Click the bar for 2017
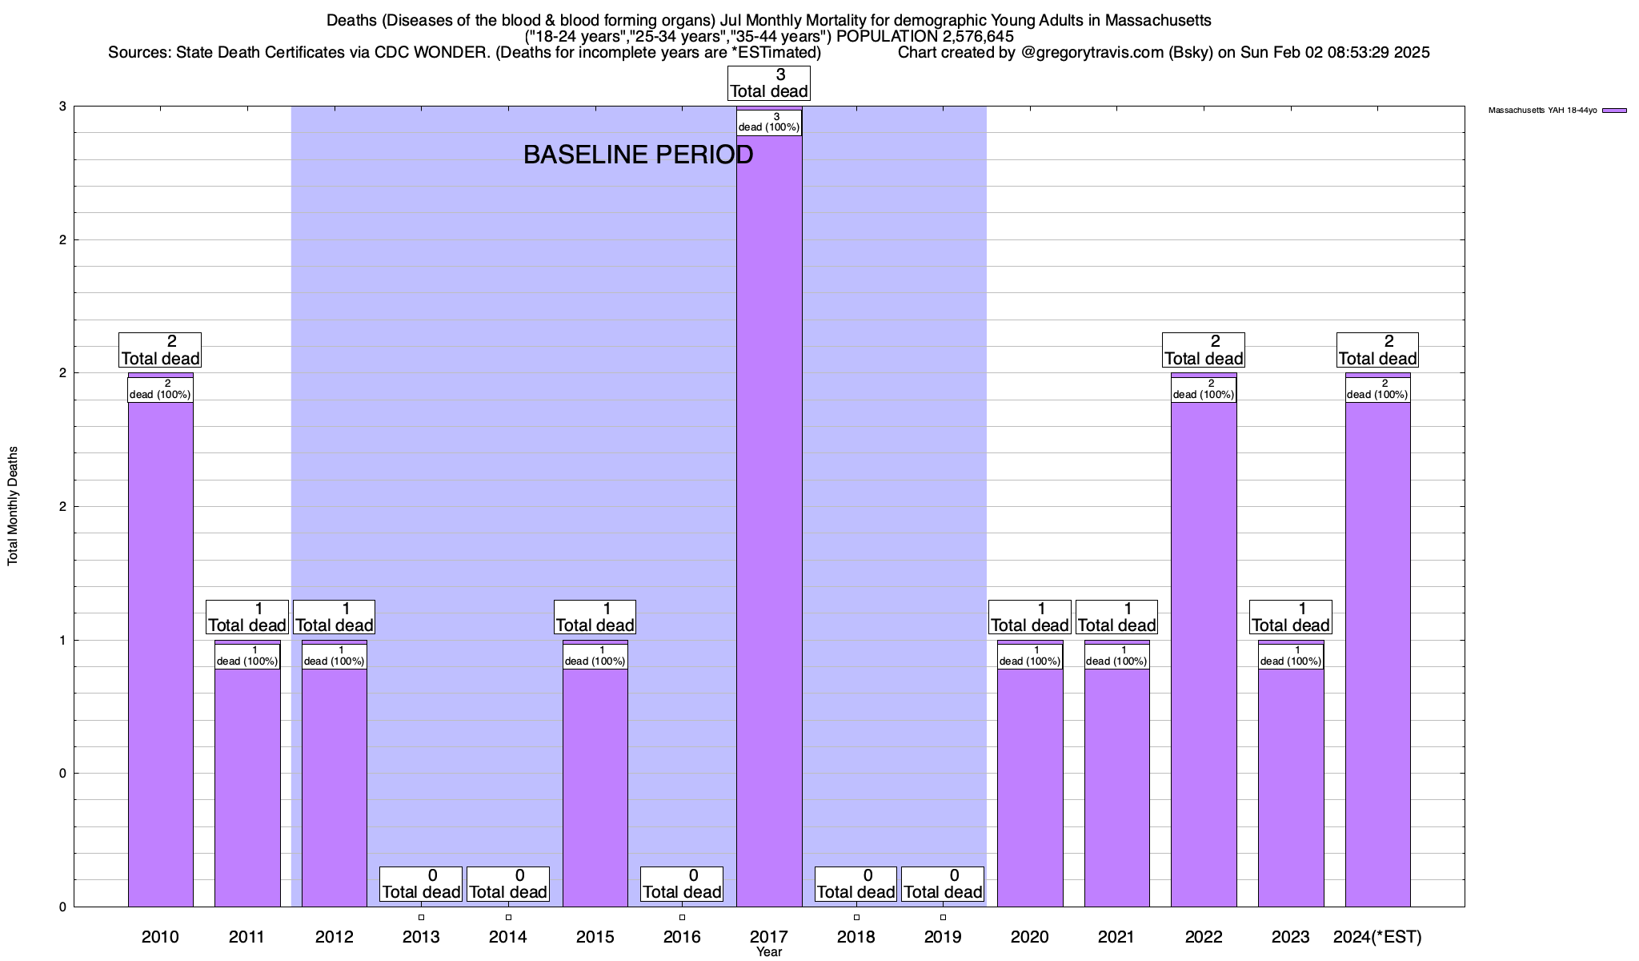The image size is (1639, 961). pos(769,521)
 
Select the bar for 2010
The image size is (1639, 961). pos(160,641)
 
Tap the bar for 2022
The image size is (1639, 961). pos(1204,641)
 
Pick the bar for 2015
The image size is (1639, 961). pos(595,785)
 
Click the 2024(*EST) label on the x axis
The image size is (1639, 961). pos(1377,936)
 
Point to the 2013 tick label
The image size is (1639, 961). pos(421,936)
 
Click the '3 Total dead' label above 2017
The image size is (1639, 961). pos(769,83)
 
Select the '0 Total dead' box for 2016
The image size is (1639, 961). pos(682,884)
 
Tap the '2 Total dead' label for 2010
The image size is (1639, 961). pos(160,350)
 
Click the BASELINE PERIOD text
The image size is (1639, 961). pos(638,155)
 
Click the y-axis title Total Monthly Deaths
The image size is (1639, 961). pos(13,506)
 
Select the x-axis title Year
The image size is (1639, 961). pos(769,952)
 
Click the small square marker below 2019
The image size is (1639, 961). pos(943,917)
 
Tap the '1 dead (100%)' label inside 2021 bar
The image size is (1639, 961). pos(1116,656)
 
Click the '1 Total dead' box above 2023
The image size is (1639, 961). pos(1290,617)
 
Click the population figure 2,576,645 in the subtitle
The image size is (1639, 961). pos(967,36)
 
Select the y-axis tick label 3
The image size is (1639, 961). pos(62,107)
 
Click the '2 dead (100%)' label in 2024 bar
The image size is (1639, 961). pos(1377,389)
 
